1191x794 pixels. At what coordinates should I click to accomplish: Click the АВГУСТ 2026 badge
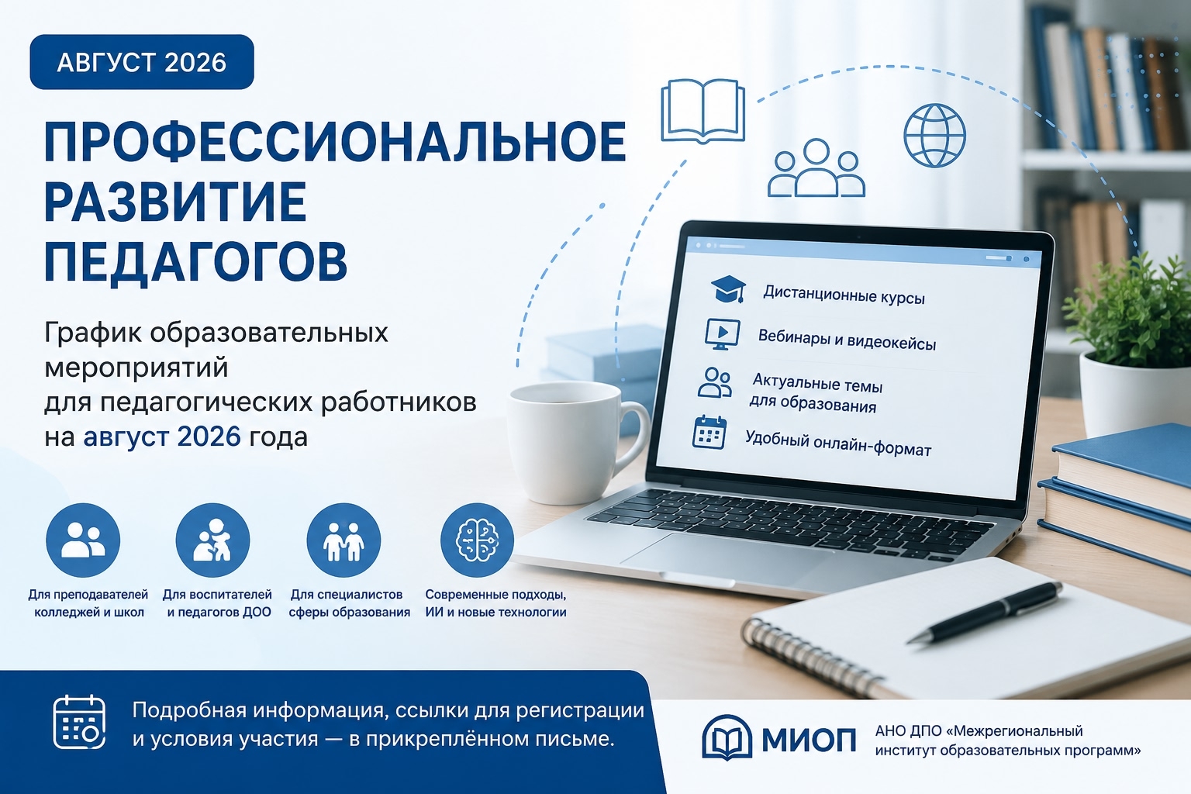[x=142, y=62]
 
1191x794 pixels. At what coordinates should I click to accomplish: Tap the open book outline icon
[x=703, y=111]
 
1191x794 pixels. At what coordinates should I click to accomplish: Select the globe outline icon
[x=934, y=135]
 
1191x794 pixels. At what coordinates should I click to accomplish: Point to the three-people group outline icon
[x=816, y=168]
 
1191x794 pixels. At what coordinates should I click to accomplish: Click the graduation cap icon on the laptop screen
[x=728, y=288]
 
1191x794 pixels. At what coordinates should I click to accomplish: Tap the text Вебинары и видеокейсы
[x=847, y=340]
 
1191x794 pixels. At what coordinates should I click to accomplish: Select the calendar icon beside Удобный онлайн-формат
[x=709, y=433]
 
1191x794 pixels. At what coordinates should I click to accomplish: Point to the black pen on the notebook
[x=984, y=613]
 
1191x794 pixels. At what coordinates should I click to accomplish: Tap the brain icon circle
[x=477, y=540]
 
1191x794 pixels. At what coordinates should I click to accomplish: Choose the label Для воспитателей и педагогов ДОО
[x=218, y=603]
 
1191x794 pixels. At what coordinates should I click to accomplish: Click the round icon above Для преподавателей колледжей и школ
[x=83, y=540]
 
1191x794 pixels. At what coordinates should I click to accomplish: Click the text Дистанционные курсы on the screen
[x=844, y=295]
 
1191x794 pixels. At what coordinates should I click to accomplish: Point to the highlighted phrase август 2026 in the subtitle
[x=162, y=437]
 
